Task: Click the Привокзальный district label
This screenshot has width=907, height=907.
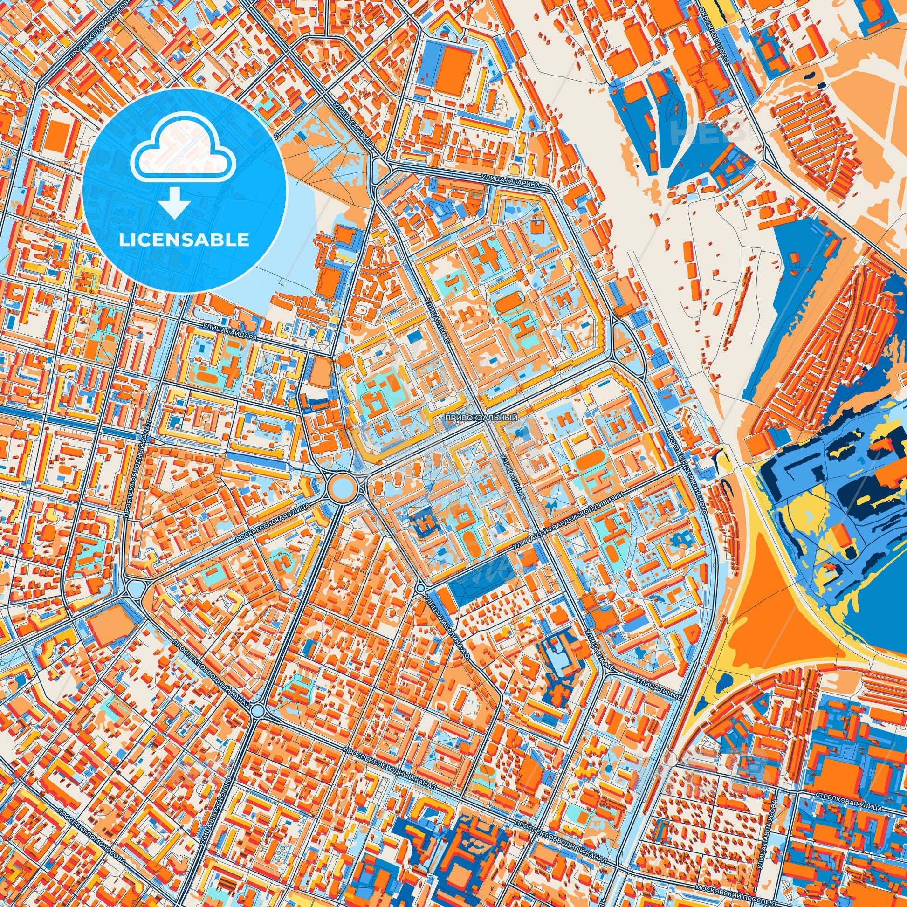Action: click(481, 417)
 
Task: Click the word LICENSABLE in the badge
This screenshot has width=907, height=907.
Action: click(184, 240)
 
